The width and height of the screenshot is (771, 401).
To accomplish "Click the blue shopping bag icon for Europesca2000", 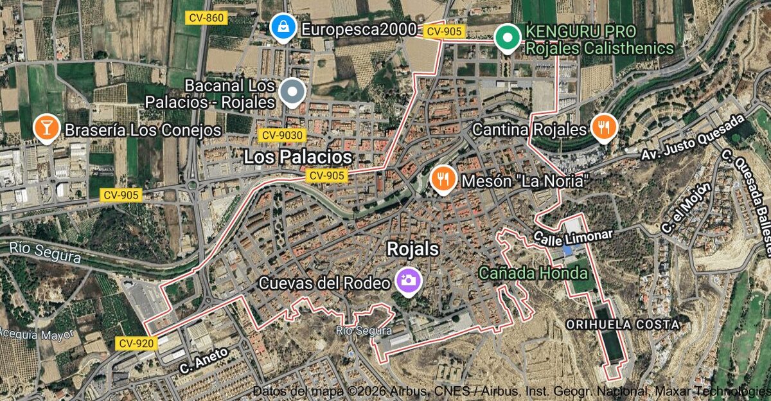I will pyautogui.click(x=281, y=27).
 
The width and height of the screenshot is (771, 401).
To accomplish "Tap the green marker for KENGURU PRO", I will pyautogui.click(x=508, y=37).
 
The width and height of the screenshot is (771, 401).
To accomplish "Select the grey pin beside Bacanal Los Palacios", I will pyautogui.click(x=293, y=93).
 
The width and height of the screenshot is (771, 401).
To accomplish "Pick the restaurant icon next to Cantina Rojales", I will pyautogui.click(x=603, y=129).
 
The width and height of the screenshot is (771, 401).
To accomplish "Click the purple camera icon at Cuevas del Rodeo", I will pyautogui.click(x=407, y=280).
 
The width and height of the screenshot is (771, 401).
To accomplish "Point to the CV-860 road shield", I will pyautogui.click(x=206, y=18).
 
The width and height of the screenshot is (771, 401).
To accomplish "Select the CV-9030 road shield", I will pyautogui.click(x=283, y=136).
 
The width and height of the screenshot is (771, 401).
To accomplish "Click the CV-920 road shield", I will pyautogui.click(x=137, y=344).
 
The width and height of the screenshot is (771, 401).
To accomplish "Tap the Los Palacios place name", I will pyautogui.click(x=298, y=157).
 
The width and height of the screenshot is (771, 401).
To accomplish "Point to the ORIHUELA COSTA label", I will pyautogui.click(x=623, y=325).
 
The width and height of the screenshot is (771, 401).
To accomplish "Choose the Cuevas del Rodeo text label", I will pyautogui.click(x=324, y=283).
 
